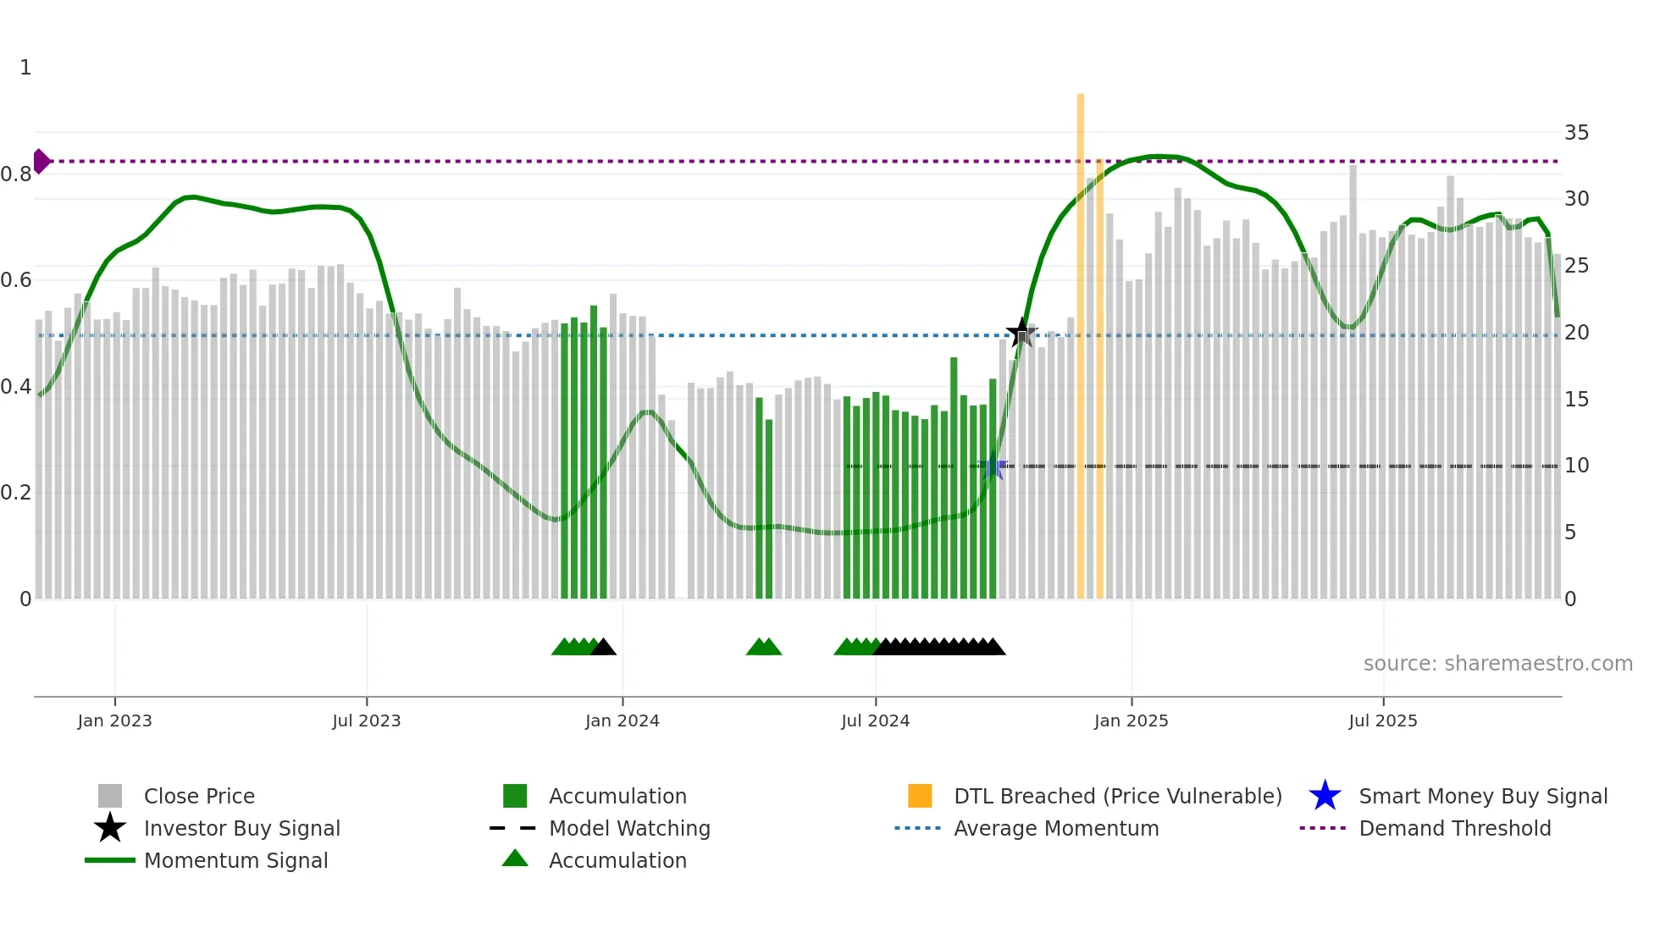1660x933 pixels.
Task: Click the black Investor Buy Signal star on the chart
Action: [1021, 333]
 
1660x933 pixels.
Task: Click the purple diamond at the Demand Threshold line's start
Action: [41, 161]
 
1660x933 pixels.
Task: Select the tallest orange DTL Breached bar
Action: [1081, 339]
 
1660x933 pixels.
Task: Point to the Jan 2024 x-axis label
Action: [622, 720]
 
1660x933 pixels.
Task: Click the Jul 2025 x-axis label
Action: [1382, 720]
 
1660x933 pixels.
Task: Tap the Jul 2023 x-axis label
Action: [366, 720]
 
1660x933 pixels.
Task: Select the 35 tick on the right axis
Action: [1576, 133]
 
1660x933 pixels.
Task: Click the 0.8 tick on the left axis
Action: [16, 174]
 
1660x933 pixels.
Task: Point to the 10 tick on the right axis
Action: [1576, 466]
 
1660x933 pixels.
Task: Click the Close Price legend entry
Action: [199, 796]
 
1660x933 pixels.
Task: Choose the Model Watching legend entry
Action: [629, 828]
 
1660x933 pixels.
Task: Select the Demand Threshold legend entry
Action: [1454, 828]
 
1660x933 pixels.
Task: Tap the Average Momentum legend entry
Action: [1056, 828]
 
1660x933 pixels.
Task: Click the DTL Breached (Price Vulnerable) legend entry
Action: [1117, 796]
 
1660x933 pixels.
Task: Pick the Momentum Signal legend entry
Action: [235, 860]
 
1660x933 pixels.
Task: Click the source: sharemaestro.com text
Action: [1497, 664]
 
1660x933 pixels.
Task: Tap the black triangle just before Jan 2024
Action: [603, 648]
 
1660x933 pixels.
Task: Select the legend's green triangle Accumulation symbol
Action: [515, 858]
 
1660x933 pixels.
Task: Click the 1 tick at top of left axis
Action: [25, 68]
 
